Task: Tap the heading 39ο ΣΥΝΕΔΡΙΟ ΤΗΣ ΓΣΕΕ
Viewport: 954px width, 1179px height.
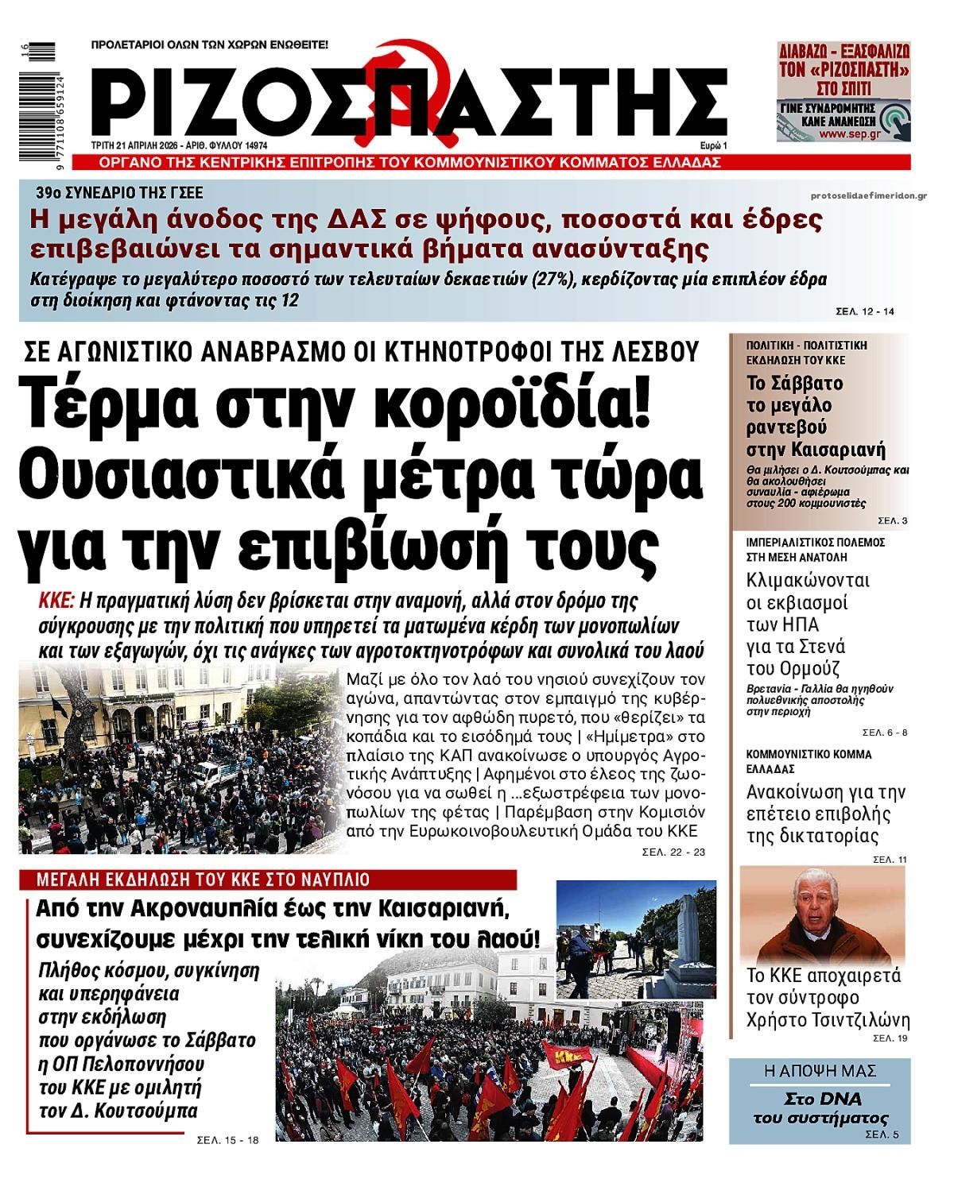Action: click(119, 192)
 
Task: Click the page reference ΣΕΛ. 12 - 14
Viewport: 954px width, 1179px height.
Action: click(865, 311)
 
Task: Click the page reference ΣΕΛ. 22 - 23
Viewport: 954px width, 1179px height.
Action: click(673, 852)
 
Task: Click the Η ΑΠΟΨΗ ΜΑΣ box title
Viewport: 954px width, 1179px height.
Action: click(820, 1071)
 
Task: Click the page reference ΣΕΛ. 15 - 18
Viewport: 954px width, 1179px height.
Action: click(227, 1140)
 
